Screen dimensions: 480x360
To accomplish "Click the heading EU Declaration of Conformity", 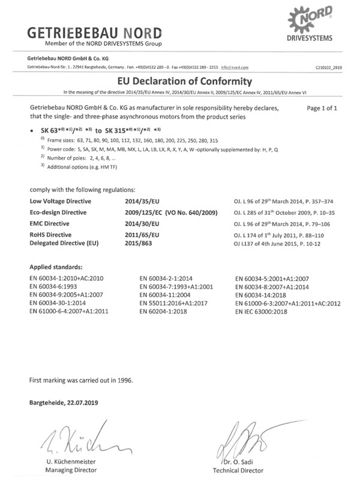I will (x=179, y=81).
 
